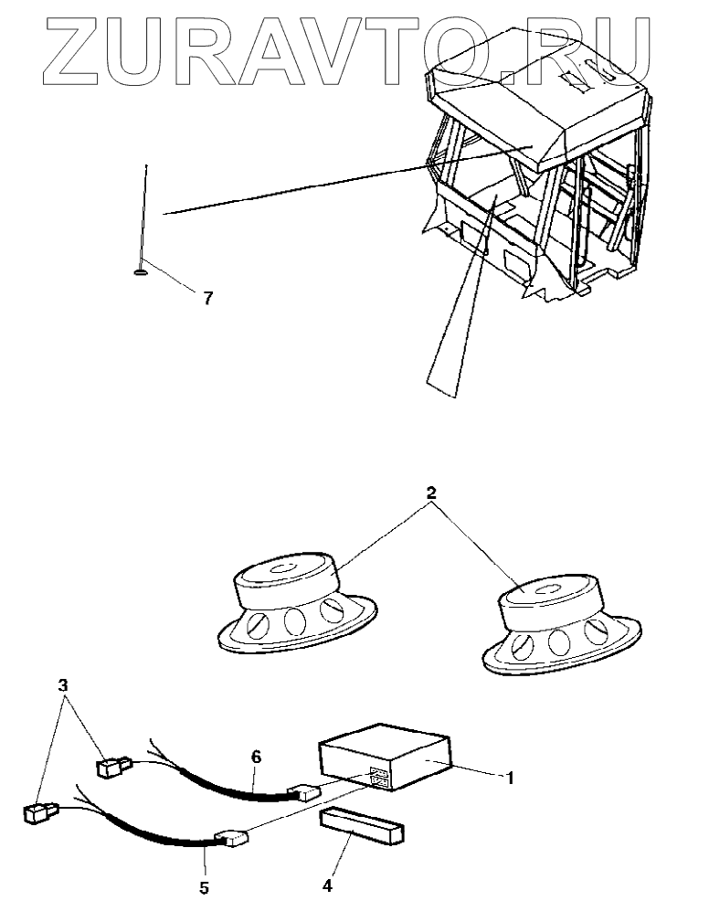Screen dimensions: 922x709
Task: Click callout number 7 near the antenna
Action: point(208,298)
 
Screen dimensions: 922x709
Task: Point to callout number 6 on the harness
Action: point(256,757)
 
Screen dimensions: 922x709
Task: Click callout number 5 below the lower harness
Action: point(204,886)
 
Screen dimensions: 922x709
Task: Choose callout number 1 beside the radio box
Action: point(511,779)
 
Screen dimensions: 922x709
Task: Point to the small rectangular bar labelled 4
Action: point(362,826)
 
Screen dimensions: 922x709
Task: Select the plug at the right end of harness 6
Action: point(302,791)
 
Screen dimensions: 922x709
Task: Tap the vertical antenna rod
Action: point(144,215)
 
